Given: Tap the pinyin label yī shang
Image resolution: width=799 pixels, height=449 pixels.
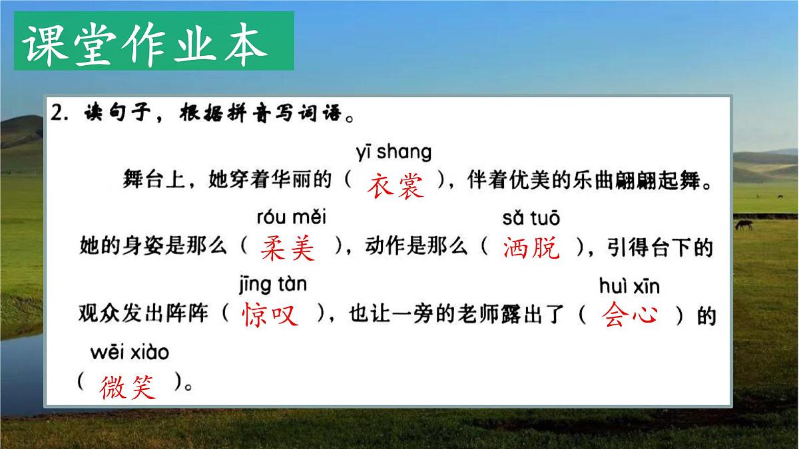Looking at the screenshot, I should (x=394, y=152).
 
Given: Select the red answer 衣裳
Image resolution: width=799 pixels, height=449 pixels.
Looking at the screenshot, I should (x=396, y=184).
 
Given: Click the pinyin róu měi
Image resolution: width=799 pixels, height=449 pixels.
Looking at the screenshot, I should (x=291, y=218).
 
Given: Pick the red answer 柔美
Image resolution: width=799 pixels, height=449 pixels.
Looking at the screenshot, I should (x=288, y=249).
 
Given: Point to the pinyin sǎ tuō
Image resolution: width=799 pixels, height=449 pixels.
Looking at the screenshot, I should (x=531, y=218).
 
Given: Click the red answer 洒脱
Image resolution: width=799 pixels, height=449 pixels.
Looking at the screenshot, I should (x=532, y=249).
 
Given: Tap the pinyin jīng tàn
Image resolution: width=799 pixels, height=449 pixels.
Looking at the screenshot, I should (x=272, y=285).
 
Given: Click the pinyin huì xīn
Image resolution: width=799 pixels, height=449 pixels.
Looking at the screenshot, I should (x=629, y=286).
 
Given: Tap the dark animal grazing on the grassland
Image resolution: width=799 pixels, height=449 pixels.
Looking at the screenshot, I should (x=744, y=225).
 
